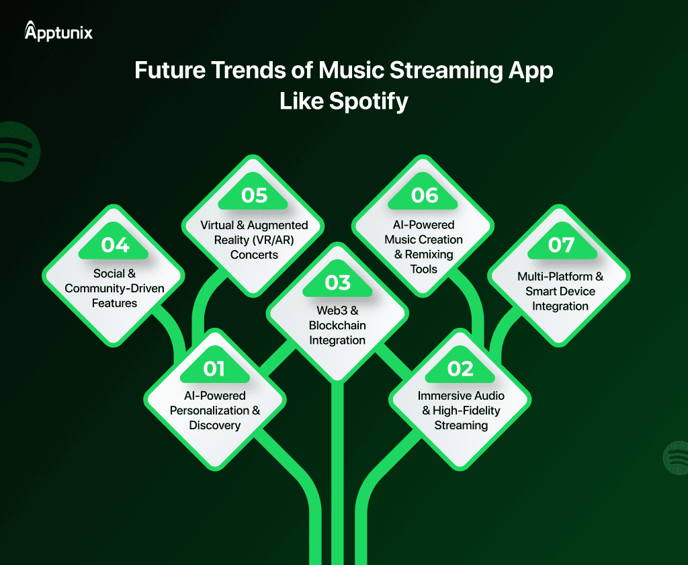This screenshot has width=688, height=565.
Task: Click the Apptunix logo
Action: tap(58, 31)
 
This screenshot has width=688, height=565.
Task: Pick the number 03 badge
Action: tap(337, 281)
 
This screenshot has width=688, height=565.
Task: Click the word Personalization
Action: tap(210, 410)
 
